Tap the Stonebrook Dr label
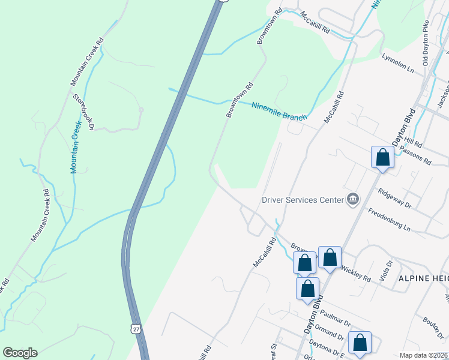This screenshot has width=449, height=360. tap(83, 111)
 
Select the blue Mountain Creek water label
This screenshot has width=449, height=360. tap(74, 146)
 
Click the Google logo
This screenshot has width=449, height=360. tap(20, 353)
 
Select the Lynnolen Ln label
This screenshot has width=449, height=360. tap(398, 63)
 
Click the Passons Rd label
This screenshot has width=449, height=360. tap(418, 158)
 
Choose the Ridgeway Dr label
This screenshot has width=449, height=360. tap(394, 198)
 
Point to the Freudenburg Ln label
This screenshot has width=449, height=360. tap(388, 220)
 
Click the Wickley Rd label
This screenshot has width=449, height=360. tap(355, 273)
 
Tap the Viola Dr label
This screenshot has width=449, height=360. tap(388, 267)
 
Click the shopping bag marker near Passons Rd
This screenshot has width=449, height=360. tap(382, 158)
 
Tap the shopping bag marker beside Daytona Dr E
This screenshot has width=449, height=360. tap(360, 343)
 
